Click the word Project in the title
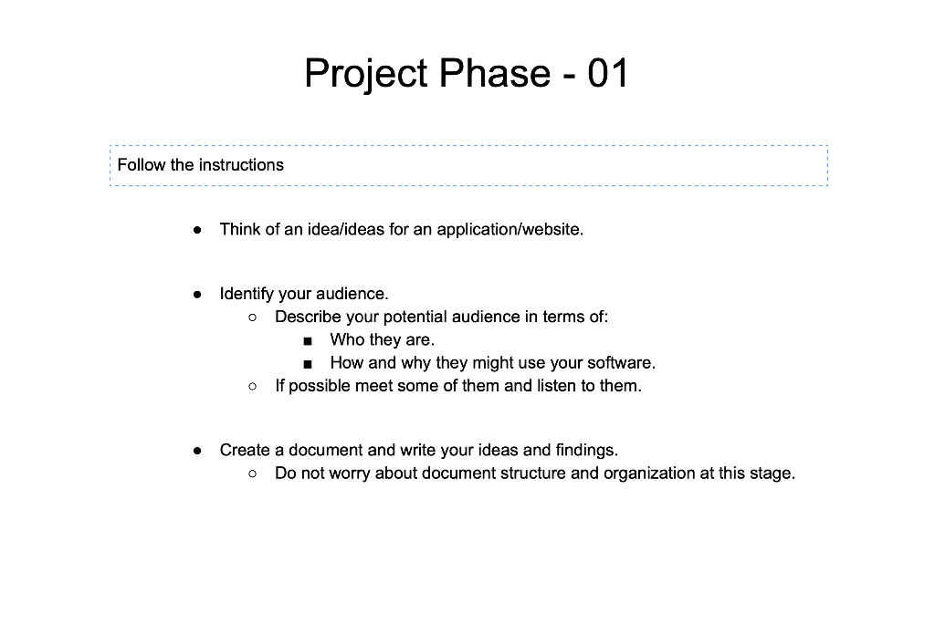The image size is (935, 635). [365, 73]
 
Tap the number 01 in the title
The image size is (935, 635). [608, 73]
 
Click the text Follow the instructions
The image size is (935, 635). [201, 165]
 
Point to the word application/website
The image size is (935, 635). [510, 229]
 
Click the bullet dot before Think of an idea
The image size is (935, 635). [197, 230]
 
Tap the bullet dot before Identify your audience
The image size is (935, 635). [197, 295]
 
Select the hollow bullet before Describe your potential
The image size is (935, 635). [253, 317]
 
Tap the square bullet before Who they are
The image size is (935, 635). [308, 341]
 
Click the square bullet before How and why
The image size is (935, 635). [308, 364]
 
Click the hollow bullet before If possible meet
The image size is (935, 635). [253, 387]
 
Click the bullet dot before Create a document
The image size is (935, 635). [197, 451]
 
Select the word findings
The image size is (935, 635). [586, 450]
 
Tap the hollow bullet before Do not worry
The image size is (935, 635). [253, 474]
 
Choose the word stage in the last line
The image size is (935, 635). [772, 474]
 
